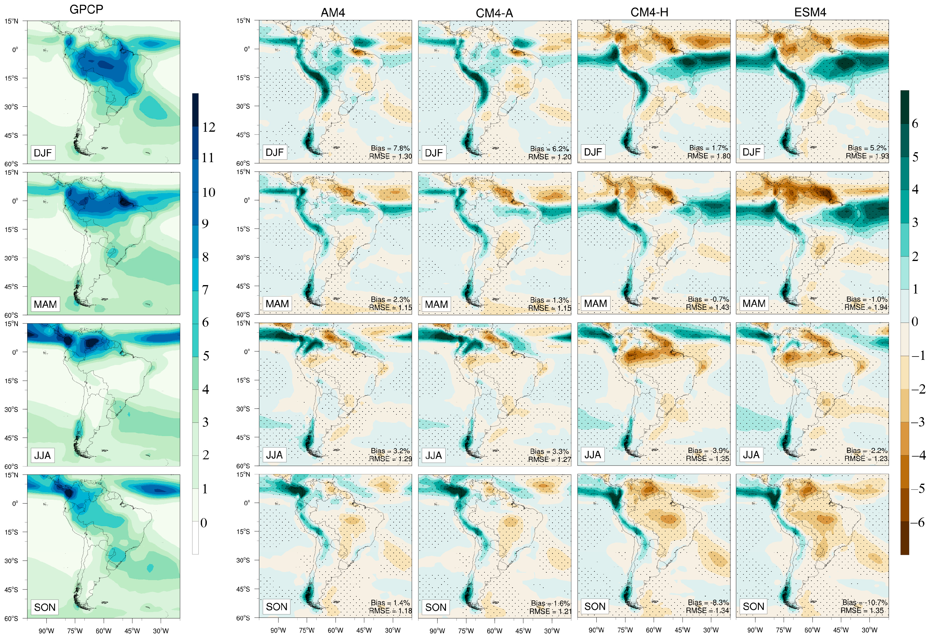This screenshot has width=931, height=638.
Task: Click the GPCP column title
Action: pyautogui.click(x=86, y=9)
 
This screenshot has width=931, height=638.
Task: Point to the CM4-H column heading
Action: pyautogui.click(x=649, y=12)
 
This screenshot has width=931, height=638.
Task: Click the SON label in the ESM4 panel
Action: pyautogui.click(x=753, y=606)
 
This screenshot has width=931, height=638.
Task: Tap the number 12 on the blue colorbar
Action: pyautogui.click(x=209, y=127)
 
